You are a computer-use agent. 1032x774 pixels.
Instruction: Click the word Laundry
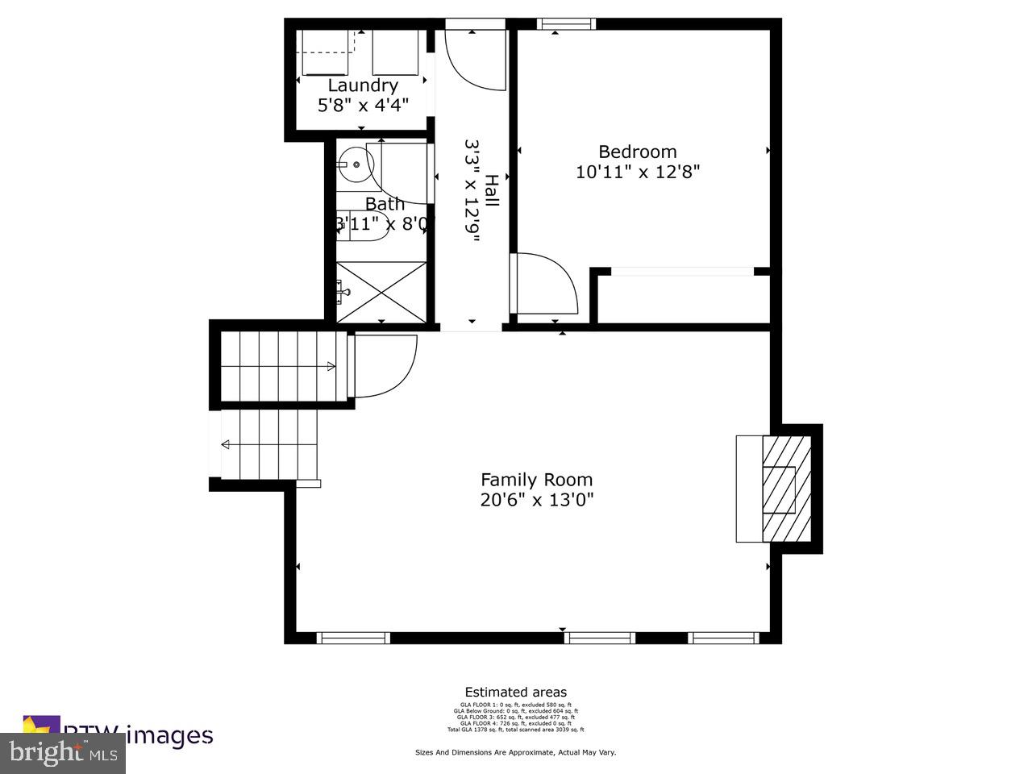click(x=363, y=85)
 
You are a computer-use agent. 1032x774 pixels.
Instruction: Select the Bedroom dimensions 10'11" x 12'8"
click(x=638, y=172)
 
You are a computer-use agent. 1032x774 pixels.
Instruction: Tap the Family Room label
click(x=536, y=479)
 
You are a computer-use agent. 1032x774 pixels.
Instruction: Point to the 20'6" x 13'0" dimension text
click(x=536, y=500)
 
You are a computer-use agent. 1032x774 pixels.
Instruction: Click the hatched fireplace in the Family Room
click(x=787, y=489)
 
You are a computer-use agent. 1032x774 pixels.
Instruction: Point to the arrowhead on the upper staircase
click(x=331, y=367)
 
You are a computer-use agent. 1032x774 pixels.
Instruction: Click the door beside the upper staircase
click(x=385, y=367)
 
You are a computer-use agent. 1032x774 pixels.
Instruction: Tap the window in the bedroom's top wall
click(x=566, y=24)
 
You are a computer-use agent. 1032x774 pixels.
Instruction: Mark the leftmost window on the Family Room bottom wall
click(x=353, y=638)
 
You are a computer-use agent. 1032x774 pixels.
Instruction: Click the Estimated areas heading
click(x=515, y=692)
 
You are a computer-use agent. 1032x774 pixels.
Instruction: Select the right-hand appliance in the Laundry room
click(x=395, y=53)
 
